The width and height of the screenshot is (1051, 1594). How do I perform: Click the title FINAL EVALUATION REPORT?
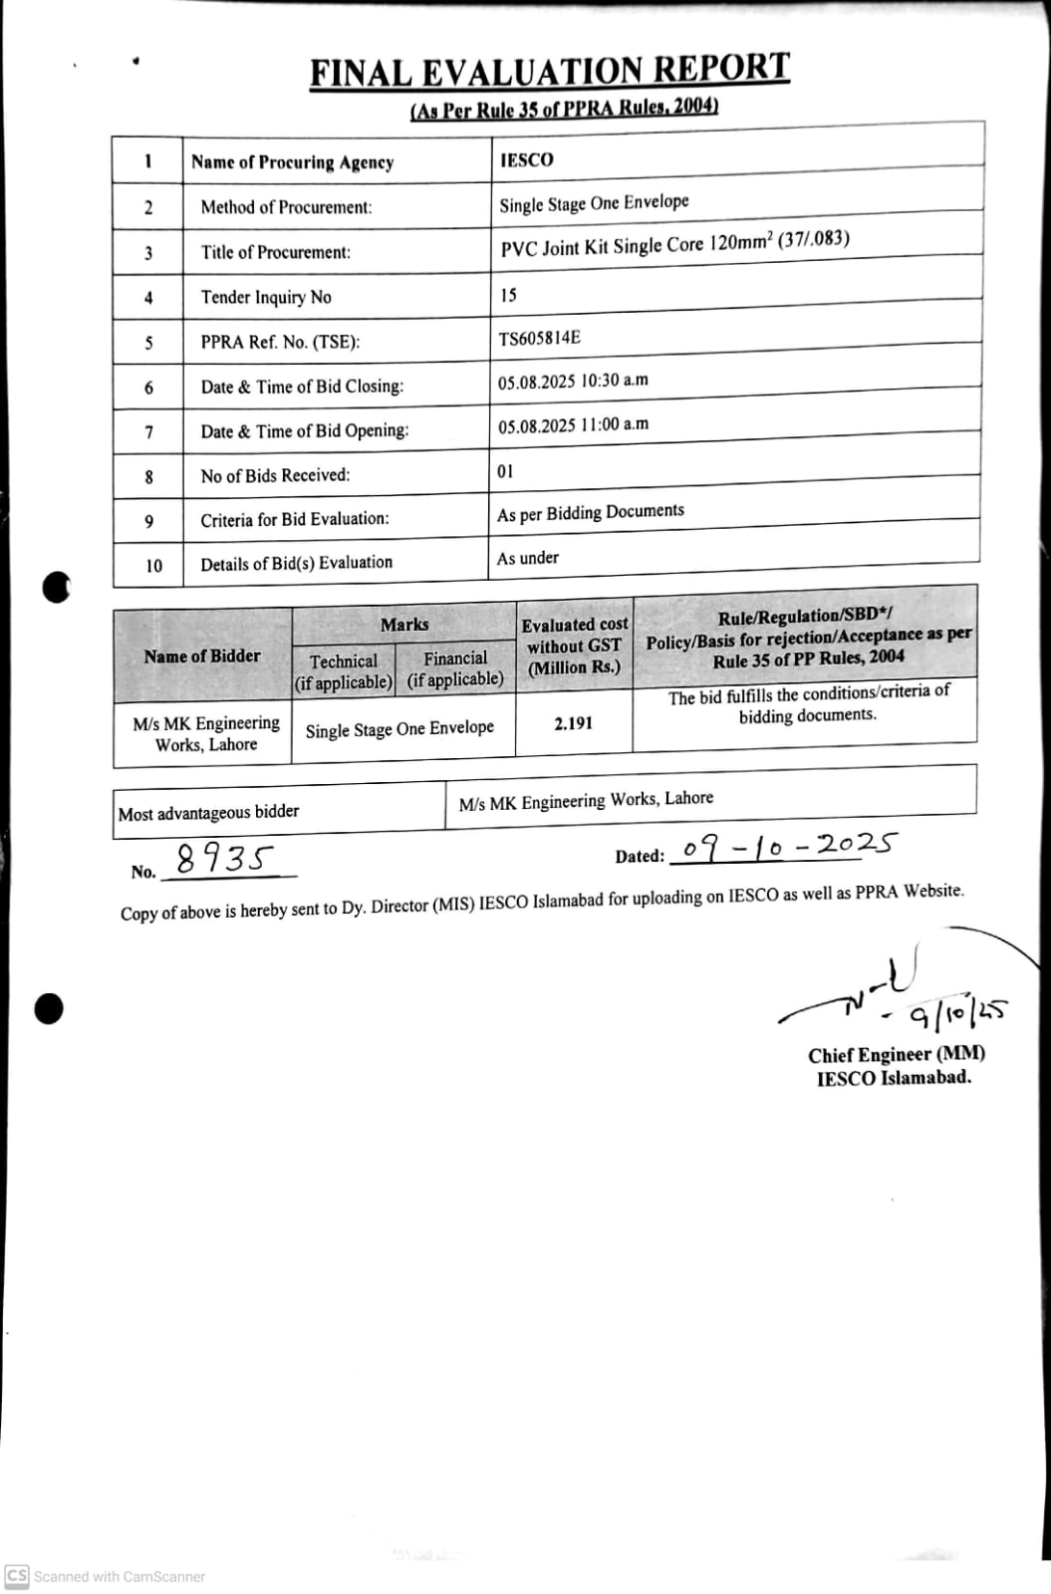(549, 71)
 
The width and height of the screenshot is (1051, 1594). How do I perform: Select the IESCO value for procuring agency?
(527, 159)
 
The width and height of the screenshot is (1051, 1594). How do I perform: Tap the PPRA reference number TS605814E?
(539, 338)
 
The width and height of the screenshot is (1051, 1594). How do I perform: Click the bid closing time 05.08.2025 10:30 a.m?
(573, 382)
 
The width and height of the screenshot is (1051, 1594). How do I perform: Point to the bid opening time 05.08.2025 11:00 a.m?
(573, 425)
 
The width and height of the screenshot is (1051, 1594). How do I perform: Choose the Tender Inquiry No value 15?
(508, 295)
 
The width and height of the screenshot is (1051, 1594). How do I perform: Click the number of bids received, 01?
(505, 471)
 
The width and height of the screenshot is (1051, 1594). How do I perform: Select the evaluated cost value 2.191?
(574, 723)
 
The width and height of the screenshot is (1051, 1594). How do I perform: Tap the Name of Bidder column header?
(202, 656)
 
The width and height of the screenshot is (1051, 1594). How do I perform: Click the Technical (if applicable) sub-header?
(344, 671)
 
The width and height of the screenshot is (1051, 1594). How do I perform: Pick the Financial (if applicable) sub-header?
(455, 668)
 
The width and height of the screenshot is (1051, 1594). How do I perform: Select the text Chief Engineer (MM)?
(897, 1055)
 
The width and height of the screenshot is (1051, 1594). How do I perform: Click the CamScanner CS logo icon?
(16, 1576)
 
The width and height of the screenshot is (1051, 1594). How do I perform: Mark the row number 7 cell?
(148, 432)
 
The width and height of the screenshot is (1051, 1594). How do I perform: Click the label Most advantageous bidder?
(208, 813)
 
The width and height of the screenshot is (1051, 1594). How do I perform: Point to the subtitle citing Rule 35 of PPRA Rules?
(564, 109)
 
